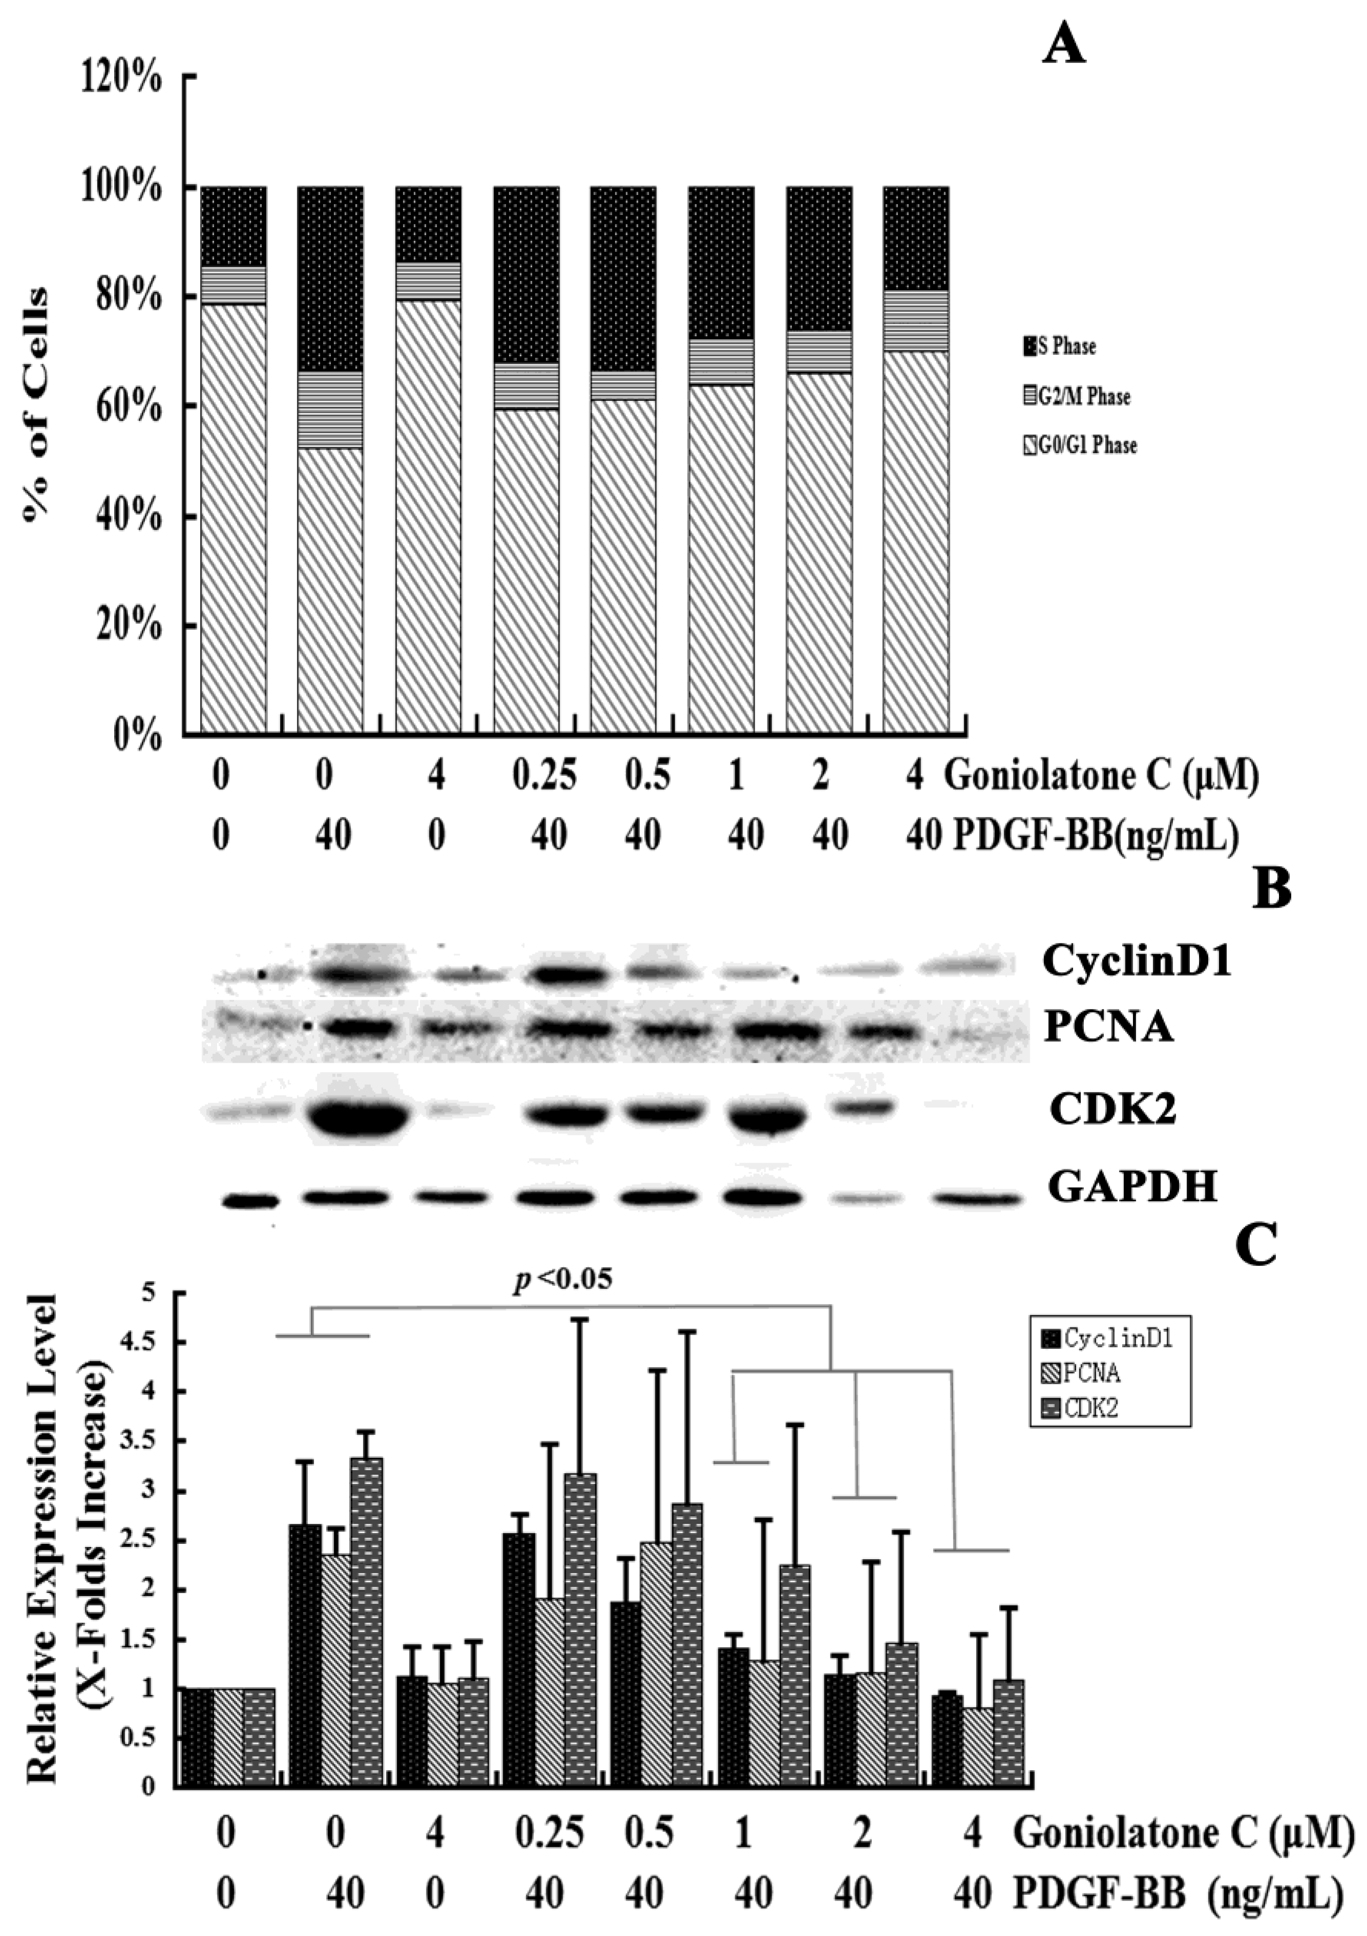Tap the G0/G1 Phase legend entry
coord(1079,445)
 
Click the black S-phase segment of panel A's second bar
coord(330,278)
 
